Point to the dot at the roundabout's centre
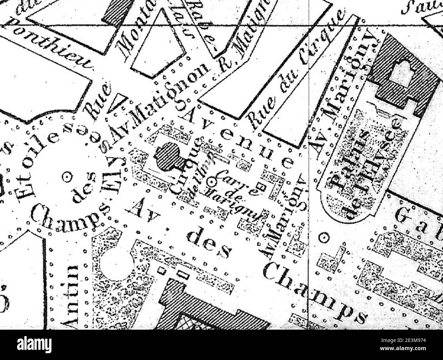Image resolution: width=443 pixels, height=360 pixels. coord(68,176)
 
